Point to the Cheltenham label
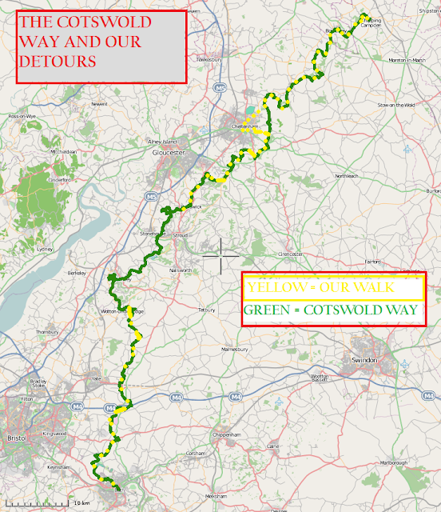pyautogui.click(x=243, y=126)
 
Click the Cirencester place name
pyautogui.click(x=291, y=254)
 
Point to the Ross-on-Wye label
pyautogui.click(x=21, y=116)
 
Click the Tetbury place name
pyautogui.click(x=207, y=309)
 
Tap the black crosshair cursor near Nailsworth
pyautogui.click(x=220, y=255)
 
